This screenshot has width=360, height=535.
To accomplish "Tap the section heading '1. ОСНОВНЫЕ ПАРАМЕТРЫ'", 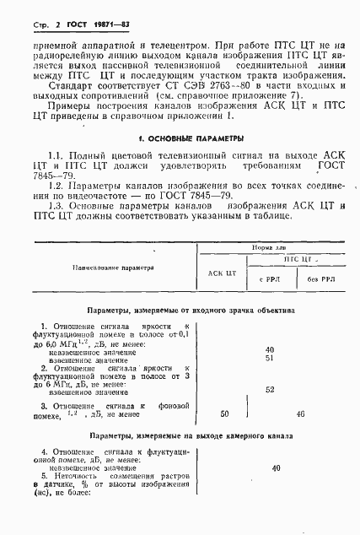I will (x=180, y=137).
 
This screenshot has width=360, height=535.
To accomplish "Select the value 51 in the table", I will (x=269, y=358).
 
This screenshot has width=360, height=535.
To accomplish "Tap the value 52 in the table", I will (x=269, y=389).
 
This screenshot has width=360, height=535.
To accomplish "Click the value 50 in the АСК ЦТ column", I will (x=223, y=414).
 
